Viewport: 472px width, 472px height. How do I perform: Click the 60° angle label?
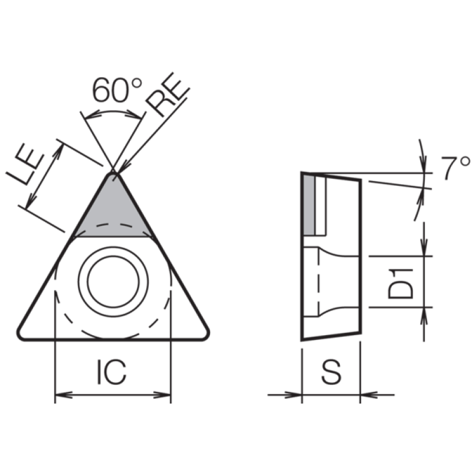coord(117,90)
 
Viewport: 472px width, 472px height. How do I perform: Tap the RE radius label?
coord(168,94)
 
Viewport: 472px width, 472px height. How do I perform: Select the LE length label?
coord(25,164)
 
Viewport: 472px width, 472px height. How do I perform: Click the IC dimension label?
coord(112,372)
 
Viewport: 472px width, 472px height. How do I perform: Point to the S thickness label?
coord(331,372)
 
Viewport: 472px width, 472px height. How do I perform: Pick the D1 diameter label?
coord(401,284)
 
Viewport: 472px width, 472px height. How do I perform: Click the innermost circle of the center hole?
coord(113,281)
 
